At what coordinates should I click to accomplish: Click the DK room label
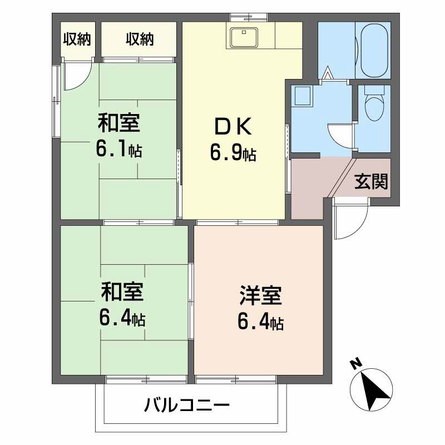point(233,127)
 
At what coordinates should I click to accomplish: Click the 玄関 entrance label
point(371,181)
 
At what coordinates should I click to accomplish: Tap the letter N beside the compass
point(354,365)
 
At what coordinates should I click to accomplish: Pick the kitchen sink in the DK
point(244,37)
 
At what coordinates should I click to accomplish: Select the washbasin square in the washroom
point(303,97)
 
